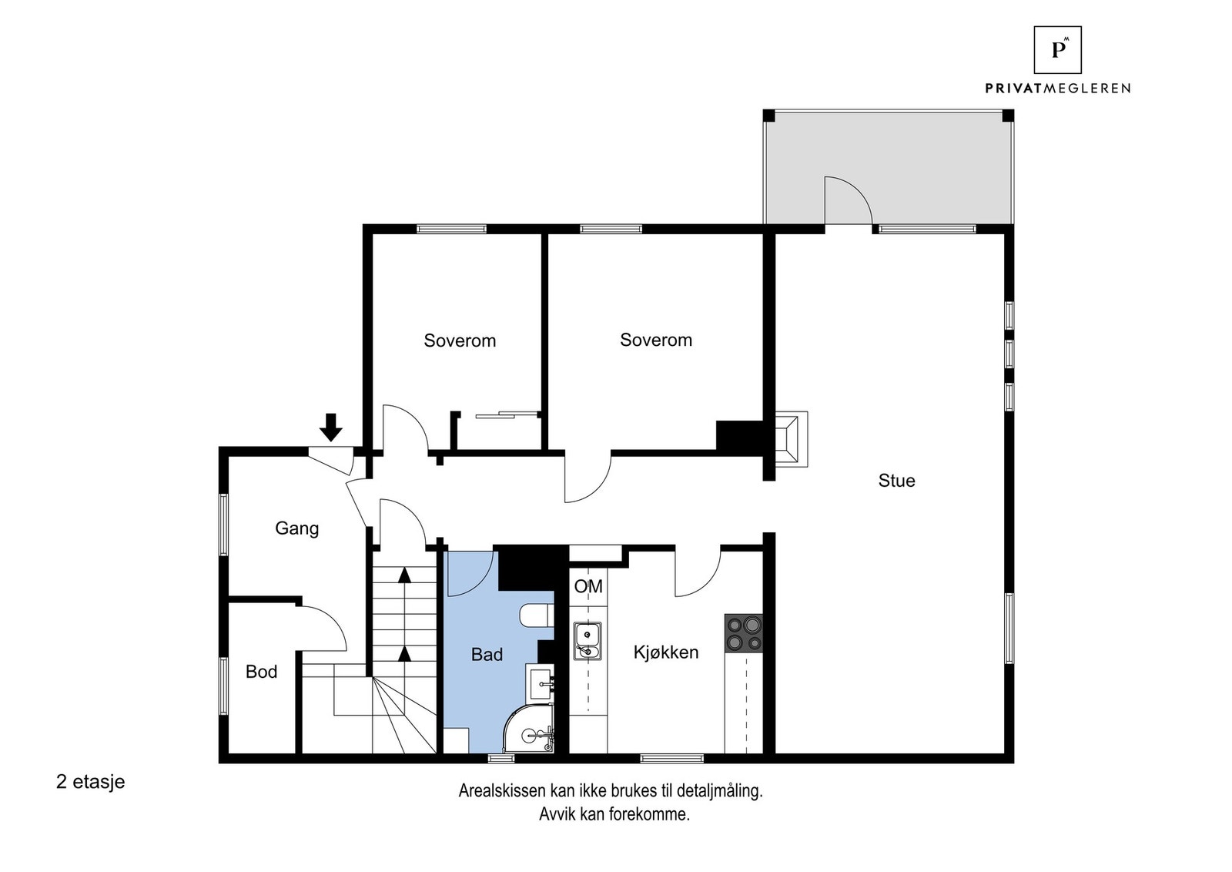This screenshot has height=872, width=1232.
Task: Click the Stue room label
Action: pyautogui.click(x=896, y=481)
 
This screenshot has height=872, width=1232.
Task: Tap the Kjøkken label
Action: pyautogui.click(x=666, y=652)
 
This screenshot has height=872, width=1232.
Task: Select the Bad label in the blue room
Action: pyautogui.click(x=487, y=655)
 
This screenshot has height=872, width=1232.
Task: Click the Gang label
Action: pyautogui.click(x=296, y=528)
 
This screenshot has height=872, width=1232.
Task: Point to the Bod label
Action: pyautogui.click(x=261, y=672)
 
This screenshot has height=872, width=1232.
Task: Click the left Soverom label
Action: pyautogui.click(x=460, y=340)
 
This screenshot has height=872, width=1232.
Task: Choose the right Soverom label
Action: pyautogui.click(x=656, y=340)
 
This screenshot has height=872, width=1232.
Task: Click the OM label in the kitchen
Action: pyautogui.click(x=588, y=587)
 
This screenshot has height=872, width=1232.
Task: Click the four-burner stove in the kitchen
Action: pyautogui.click(x=743, y=633)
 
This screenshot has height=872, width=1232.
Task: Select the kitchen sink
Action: pyautogui.click(x=588, y=642)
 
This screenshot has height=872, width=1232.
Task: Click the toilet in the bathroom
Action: pyautogui.click(x=534, y=615)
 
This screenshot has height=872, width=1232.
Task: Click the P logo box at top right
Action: pyautogui.click(x=1057, y=50)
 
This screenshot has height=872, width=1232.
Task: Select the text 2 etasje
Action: pyautogui.click(x=90, y=782)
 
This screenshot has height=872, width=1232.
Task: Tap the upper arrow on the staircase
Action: pyautogui.click(x=404, y=574)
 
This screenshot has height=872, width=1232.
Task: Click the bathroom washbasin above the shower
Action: pyautogui.click(x=540, y=682)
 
